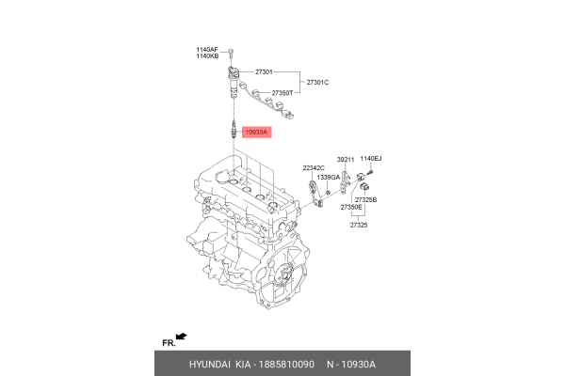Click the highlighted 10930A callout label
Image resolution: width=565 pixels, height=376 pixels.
[257, 133]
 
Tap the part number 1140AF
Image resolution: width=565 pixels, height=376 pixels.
[207, 49]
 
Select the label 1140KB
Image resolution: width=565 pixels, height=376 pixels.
[207, 56]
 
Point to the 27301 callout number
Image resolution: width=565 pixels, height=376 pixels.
[265, 71]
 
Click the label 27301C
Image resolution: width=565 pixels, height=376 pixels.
[317, 83]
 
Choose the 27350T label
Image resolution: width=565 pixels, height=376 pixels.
[282, 94]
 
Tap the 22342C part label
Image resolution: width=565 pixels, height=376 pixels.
[314, 167]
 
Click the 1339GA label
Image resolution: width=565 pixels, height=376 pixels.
[329, 177]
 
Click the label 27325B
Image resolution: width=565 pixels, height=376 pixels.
[365, 200]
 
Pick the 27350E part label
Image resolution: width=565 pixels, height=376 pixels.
[351, 208]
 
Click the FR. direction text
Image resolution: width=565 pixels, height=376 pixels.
[169, 342]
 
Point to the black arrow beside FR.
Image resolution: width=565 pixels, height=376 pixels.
[182, 335]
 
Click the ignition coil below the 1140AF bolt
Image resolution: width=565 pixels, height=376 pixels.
[230, 83]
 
